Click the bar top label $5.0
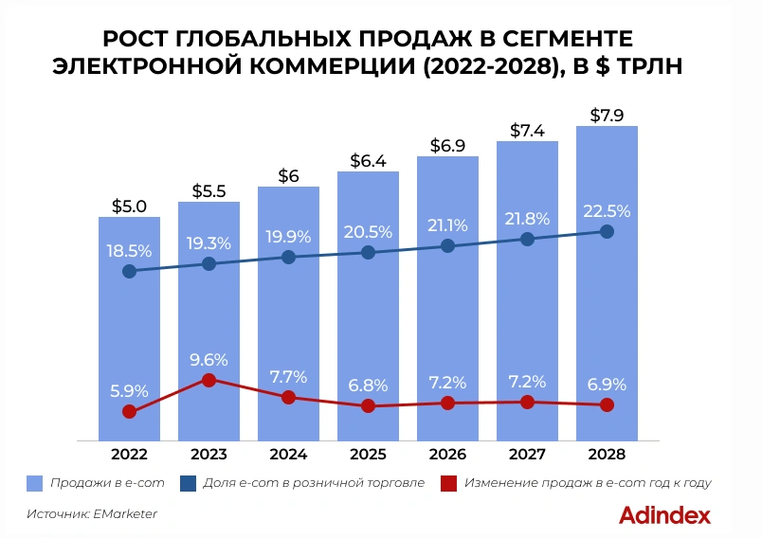tap(130, 205)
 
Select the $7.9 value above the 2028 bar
tap(607, 116)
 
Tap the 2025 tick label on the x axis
tap(368, 453)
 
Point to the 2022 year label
tap(130, 453)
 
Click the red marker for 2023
tap(209, 381)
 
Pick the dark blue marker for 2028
tap(607, 232)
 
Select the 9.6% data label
tap(209, 360)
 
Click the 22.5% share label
tap(607, 211)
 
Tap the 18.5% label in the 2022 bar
tap(130, 251)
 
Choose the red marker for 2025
tap(368, 406)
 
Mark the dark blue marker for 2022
tap(130, 272)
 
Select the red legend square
tap(448, 483)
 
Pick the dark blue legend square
tap(187, 483)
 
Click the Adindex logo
tap(664, 515)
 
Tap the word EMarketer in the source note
tap(125, 514)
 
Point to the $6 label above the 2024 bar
tap(289, 175)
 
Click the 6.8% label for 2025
tap(368, 386)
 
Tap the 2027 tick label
tap(527, 453)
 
